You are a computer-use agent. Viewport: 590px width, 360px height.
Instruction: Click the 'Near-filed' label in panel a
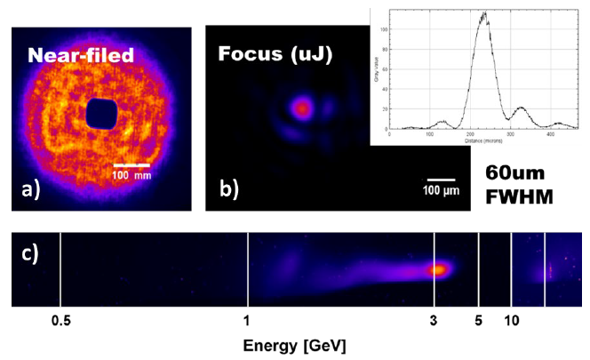point(80,55)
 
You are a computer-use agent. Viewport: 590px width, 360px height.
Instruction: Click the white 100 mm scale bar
point(130,164)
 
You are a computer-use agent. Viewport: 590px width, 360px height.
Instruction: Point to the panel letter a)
point(34,188)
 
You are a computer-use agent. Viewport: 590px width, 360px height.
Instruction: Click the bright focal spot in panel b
point(300,109)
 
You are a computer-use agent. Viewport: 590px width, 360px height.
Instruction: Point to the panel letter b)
point(228,188)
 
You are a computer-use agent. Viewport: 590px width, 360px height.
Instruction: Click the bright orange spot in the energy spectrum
point(437,269)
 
